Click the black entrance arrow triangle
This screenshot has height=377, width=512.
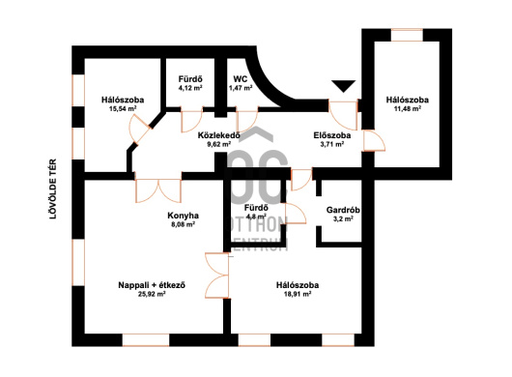(x=343, y=86)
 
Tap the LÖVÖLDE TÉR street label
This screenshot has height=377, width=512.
(x=53, y=188)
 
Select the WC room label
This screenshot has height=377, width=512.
(x=240, y=79)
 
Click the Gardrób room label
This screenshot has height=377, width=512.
(x=343, y=210)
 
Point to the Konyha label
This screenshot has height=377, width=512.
(x=183, y=216)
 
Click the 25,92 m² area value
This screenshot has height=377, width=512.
(x=152, y=294)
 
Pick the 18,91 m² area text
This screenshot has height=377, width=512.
(x=298, y=294)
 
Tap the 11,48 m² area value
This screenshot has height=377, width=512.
(x=407, y=109)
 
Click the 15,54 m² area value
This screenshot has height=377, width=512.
(x=123, y=109)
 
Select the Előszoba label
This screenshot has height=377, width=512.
(x=332, y=135)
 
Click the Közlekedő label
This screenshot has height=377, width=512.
(x=219, y=135)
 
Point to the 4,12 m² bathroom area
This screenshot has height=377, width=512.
(x=190, y=88)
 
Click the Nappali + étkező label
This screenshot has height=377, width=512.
(x=152, y=285)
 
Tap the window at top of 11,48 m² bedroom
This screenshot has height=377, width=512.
(x=407, y=35)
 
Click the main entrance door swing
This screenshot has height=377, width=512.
(x=343, y=116)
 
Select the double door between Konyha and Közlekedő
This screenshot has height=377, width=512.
(x=158, y=190)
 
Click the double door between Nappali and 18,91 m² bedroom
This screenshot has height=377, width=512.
(x=216, y=275)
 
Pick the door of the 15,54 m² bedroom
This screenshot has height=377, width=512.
(x=140, y=129)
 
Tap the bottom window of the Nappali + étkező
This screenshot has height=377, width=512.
(x=146, y=339)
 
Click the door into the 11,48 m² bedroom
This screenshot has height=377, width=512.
(x=374, y=141)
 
